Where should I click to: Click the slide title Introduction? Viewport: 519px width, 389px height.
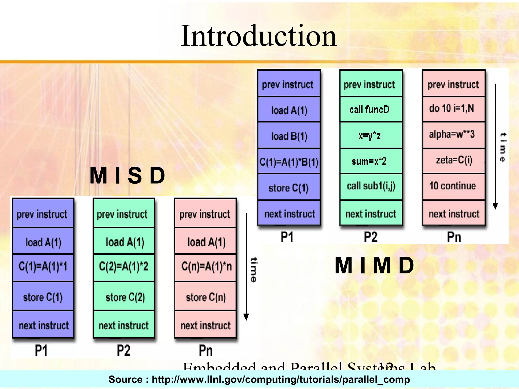click(258, 36)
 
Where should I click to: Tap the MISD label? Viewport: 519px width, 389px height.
click(128, 176)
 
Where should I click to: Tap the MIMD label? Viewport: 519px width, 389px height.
click(374, 265)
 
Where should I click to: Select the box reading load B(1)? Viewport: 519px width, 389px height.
click(289, 136)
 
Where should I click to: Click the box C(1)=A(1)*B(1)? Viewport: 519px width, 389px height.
click(289, 162)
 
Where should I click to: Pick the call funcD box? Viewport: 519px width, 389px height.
click(371, 109)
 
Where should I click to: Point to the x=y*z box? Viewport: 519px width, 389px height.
click(371, 136)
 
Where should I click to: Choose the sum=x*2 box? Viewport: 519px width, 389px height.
click(371, 161)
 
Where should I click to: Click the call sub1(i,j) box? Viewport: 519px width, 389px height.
click(371, 186)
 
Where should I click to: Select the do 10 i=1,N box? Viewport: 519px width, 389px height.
click(453, 108)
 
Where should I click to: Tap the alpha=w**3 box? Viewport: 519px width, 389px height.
click(453, 134)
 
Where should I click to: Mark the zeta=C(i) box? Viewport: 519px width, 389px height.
click(453, 160)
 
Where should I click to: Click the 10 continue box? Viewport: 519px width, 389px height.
click(453, 186)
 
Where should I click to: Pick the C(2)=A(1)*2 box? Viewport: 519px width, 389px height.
click(124, 267)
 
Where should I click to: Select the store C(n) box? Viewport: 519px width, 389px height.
click(206, 297)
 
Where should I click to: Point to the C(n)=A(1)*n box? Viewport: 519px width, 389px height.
click(206, 267)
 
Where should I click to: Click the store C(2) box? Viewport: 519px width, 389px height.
click(124, 297)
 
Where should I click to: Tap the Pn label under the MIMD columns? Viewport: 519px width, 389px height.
click(454, 237)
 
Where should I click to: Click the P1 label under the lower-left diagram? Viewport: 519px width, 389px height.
click(41, 351)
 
